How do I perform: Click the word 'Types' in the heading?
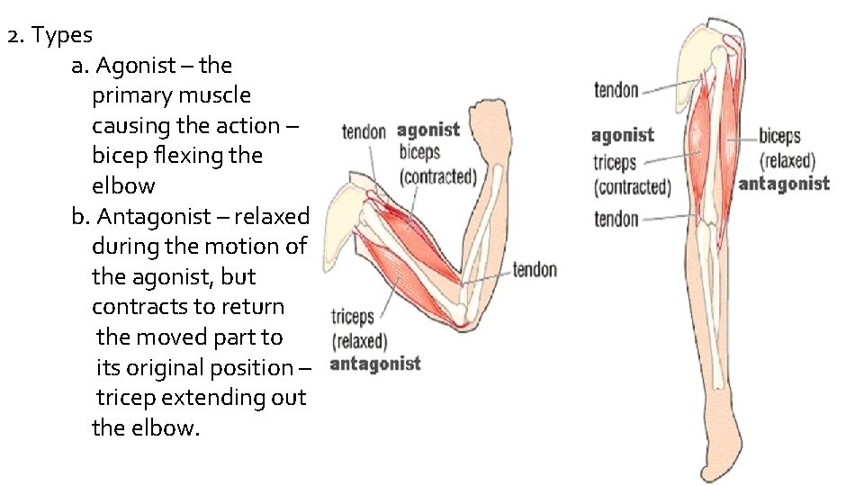click(x=62, y=36)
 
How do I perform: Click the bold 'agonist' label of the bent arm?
click(x=428, y=131)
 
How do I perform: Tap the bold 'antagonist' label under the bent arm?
click(x=375, y=364)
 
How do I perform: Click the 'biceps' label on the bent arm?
click(x=419, y=151)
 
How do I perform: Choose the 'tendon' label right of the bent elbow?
click(x=535, y=270)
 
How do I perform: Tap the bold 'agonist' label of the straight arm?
click(x=623, y=136)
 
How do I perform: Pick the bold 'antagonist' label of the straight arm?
click(x=784, y=184)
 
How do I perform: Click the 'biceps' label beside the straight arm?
click(x=779, y=138)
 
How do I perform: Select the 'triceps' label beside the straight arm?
click(x=615, y=163)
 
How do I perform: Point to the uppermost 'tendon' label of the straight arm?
click(x=616, y=90)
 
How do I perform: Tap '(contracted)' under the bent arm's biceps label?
click(x=438, y=175)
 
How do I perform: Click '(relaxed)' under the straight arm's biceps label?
click(x=787, y=161)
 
